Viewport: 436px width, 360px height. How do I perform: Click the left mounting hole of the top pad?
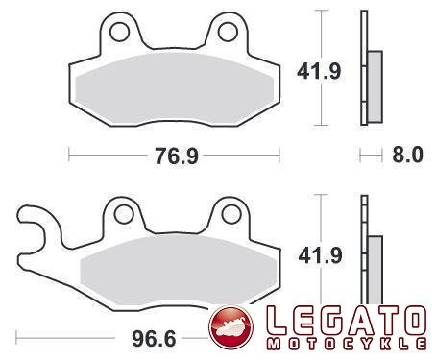pos(119,32)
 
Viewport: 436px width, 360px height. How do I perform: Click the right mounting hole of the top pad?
pos(228,32)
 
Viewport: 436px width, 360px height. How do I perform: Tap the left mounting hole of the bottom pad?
pos(124,214)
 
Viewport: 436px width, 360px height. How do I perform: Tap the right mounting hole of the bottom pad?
pos(231,214)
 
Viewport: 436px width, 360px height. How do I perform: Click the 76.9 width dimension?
pos(177,156)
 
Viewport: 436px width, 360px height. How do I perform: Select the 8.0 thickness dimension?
pos(407,155)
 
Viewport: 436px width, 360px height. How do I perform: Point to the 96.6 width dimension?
pos(154,339)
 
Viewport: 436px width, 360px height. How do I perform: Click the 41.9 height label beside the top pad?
pos(319,71)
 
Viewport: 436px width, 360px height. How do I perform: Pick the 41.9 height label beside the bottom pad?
pos(320,255)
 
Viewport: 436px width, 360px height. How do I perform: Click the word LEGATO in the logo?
pos(347,321)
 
